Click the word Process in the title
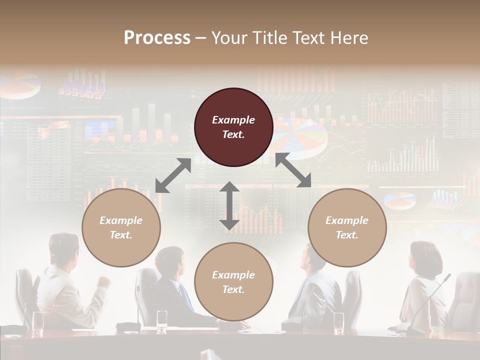point(157,38)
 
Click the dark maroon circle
point(233,127)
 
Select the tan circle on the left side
point(121,228)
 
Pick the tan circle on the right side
point(347,228)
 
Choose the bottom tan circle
point(233,282)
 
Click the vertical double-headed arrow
point(229,205)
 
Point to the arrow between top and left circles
point(173,175)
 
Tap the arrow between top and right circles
point(293,170)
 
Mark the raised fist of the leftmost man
point(104,281)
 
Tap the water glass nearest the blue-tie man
point(162,320)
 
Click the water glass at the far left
point(37,322)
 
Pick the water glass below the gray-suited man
point(338,322)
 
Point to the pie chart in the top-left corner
point(21,86)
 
